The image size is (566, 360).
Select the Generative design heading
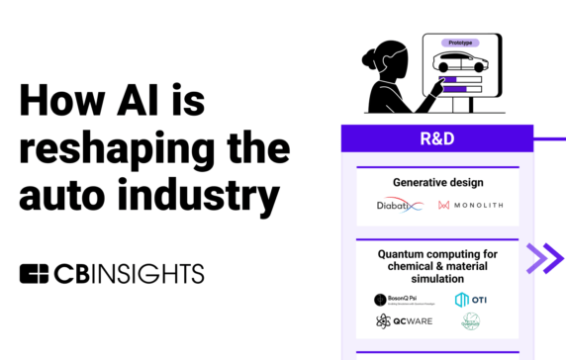coord(436,183)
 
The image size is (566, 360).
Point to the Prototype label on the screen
coord(458,44)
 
